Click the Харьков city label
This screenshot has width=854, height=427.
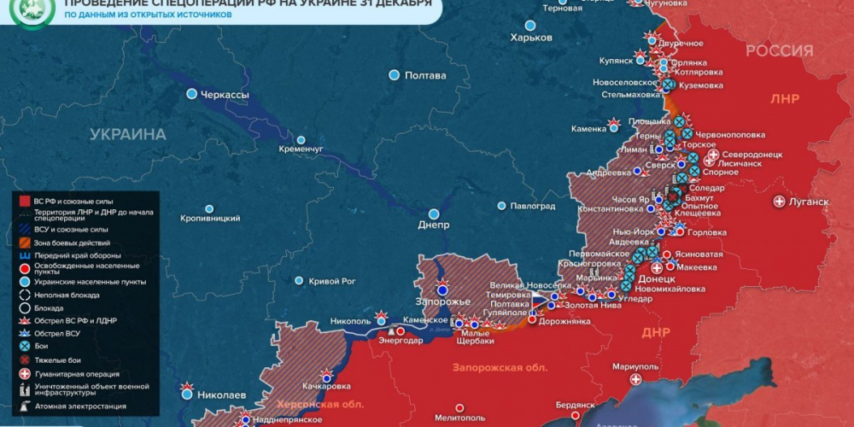pyautogui.click(x=531, y=38)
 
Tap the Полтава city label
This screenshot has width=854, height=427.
pyautogui.click(x=424, y=75)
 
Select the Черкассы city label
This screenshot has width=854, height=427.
pyautogui.click(x=225, y=94)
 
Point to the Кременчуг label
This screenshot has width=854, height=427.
pyautogui.click(x=301, y=149)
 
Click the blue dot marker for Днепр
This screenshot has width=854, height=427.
pyautogui.click(x=434, y=213)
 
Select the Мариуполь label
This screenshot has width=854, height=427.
pyautogui.click(x=636, y=366)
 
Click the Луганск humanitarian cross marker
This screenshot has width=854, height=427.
pyautogui.click(x=779, y=202)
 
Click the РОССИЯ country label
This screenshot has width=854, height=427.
pyautogui.click(x=779, y=51)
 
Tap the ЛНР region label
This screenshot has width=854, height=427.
pyautogui.click(x=784, y=99)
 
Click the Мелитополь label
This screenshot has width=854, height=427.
pyautogui.click(x=483, y=418)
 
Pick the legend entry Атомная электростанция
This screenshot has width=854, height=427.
pyautogui.click(x=73, y=407)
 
